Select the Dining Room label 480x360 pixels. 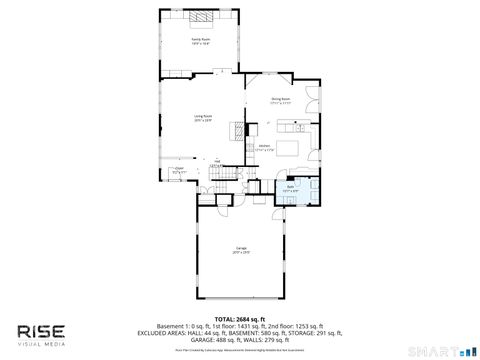pyautogui.click(x=280, y=99)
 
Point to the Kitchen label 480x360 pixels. pyautogui.click(x=265, y=147)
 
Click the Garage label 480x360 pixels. pyautogui.click(x=241, y=249)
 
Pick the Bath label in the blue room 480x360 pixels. pyautogui.click(x=289, y=187)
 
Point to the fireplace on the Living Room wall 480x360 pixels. pyautogui.click(x=238, y=130)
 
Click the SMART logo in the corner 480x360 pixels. pyautogui.click(x=441, y=351)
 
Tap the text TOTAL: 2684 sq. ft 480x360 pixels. pyautogui.click(x=240, y=318)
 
